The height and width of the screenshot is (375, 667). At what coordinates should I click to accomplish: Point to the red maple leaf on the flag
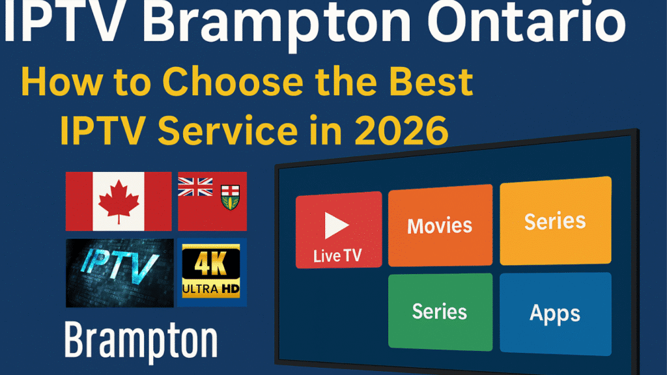119,201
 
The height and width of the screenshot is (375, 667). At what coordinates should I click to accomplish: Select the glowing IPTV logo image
119,272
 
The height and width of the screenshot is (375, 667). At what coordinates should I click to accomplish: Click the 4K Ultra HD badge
212,272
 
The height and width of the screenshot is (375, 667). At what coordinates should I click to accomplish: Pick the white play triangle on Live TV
336,225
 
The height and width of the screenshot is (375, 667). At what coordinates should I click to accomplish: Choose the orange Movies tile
440,225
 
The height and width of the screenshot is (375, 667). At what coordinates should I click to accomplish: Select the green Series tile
440,311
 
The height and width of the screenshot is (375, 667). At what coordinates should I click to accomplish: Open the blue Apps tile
555,312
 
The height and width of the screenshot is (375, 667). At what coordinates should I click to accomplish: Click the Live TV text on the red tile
337,256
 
